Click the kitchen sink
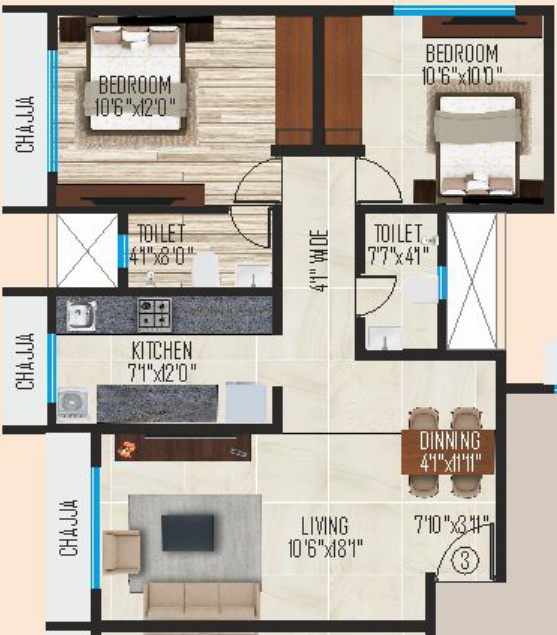coord(80,316)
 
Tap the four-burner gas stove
coord(153,315)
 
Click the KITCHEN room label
coord(161,351)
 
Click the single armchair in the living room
coord(122,551)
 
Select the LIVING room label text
coord(323,525)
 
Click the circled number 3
coord(462,560)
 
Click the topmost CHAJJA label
coord(26,125)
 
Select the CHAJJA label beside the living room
coord(69,528)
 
